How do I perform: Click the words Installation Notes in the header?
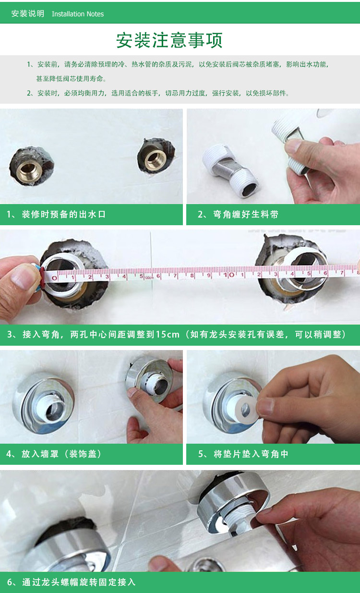tap(78, 14)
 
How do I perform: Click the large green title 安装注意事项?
tap(169, 40)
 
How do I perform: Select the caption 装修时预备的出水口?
tap(64, 214)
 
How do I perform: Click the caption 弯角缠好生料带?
tap(246, 214)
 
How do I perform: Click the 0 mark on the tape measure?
tap(55, 278)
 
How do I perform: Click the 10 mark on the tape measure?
tap(228, 275)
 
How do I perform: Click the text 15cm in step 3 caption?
tap(168, 334)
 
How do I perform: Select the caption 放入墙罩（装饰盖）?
tap(61, 454)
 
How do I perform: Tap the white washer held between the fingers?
tap(246, 410)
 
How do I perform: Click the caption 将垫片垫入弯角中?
tap(251, 454)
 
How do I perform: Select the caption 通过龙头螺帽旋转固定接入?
tap(79, 582)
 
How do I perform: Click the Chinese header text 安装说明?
tap(27, 13)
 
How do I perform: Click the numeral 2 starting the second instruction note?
tap(29, 93)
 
